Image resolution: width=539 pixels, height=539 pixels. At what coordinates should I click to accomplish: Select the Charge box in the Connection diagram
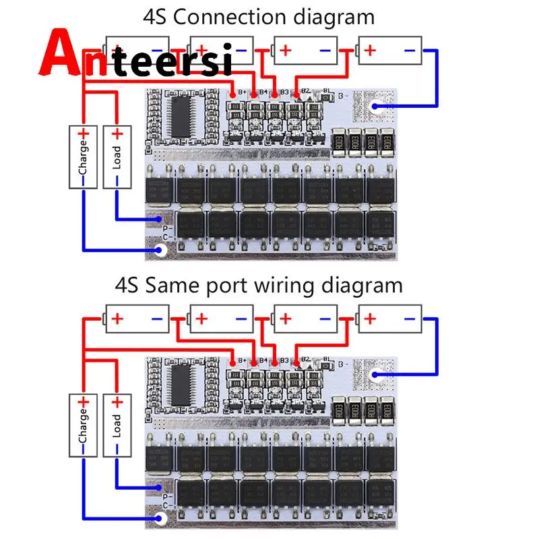click(x=84, y=156)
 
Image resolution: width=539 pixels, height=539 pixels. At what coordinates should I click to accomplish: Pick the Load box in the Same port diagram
click(x=117, y=426)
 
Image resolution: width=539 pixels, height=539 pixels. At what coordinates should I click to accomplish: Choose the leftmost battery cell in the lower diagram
click(x=137, y=319)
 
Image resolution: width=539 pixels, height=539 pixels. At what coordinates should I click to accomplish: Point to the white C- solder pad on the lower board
click(x=160, y=519)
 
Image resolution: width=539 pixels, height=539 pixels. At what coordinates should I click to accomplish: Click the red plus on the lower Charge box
click(x=84, y=402)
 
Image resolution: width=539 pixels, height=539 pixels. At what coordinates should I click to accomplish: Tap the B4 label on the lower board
click(x=263, y=360)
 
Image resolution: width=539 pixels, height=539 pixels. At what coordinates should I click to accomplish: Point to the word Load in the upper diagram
click(x=117, y=156)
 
